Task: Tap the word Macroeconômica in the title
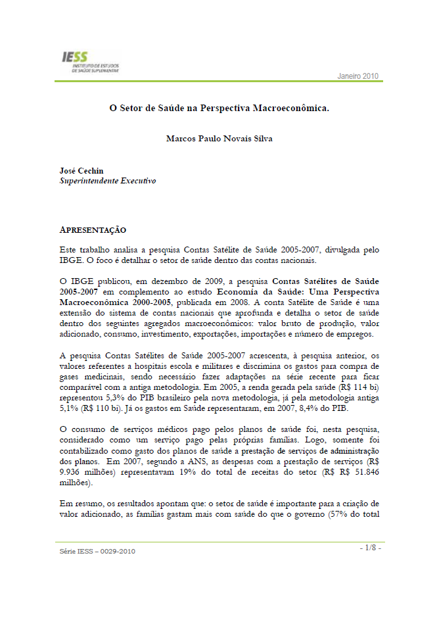tap(290, 108)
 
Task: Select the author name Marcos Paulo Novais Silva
tap(219, 139)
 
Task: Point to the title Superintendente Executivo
tap(108, 180)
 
